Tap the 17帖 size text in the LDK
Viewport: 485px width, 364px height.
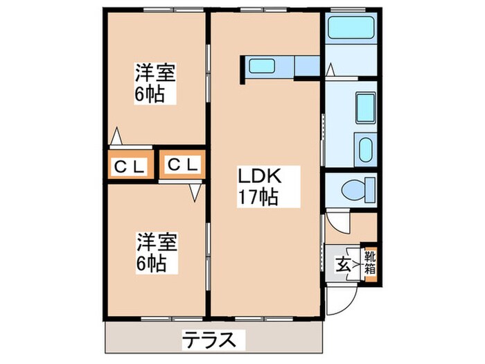tap(259, 198)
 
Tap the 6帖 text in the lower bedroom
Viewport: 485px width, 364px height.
tap(150, 264)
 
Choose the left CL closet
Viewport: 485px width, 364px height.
tap(130, 166)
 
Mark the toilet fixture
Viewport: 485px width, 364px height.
tap(359, 189)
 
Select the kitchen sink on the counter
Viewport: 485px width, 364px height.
tap(262, 67)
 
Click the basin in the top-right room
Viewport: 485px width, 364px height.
tap(350, 29)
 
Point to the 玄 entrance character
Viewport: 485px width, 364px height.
tap(344, 264)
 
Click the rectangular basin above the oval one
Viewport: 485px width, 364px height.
tap(365, 107)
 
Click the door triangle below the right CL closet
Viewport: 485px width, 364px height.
tap(197, 190)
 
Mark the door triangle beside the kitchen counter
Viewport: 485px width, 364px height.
tap(330, 69)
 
